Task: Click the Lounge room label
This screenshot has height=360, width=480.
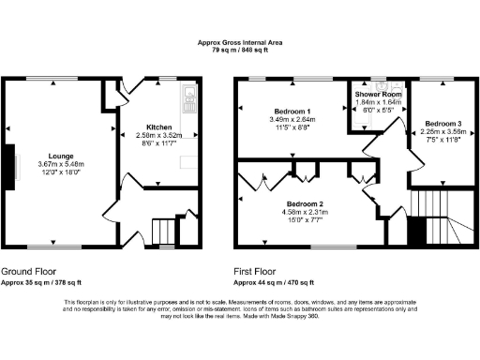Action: [53, 157]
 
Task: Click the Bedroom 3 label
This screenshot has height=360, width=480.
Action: [442, 124]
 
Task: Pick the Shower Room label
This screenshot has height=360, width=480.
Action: [376, 95]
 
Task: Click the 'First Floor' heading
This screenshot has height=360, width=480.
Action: [258, 271]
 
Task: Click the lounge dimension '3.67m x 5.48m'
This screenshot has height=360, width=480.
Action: [53, 164]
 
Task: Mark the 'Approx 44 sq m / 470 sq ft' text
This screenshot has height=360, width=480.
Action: [277, 281]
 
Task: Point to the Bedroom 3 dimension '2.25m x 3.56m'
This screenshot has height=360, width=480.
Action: [442, 132]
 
